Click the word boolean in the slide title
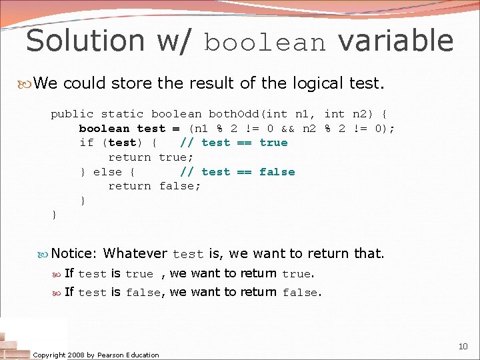[x=265, y=43]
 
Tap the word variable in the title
[x=395, y=40]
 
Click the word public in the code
[x=72, y=114]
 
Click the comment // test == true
[x=234, y=143]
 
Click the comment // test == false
[x=237, y=172]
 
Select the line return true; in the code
[x=151, y=157]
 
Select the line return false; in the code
[x=154, y=186]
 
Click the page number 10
[x=463, y=346]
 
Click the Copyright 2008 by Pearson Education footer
[x=96, y=355]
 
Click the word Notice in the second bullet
[x=74, y=253]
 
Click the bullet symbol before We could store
[x=27, y=84]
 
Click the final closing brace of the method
[x=54, y=215]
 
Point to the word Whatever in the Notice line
[x=135, y=253]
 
